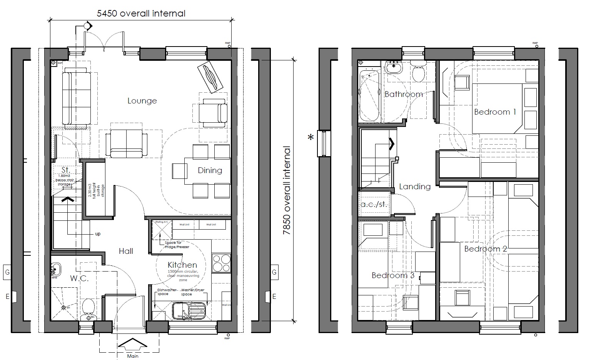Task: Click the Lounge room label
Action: pos(142,101)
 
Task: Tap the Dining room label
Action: pos(210,170)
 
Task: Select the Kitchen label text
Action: pos(182,265)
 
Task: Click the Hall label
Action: pos(126,251)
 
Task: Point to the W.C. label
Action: pos(79,278)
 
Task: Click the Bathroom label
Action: pos(404,94)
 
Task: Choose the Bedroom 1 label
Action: pos(495,112)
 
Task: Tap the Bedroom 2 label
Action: pos(486,249)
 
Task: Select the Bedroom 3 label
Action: pos(393,275)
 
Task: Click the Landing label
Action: pos(414,187)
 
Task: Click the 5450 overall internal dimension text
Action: pos(141,13)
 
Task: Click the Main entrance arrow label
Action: pos(133,356)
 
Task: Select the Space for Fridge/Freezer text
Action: pos(177,245)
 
